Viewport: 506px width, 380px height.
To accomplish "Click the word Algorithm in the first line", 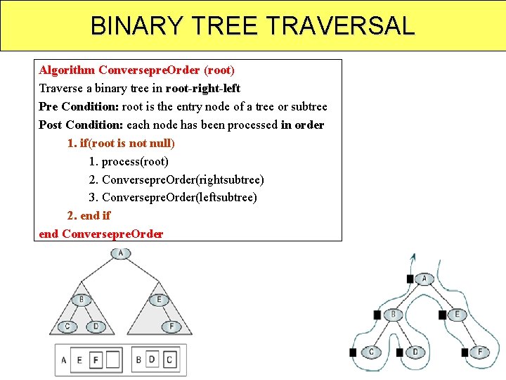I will pyautogui.click(x=67, y=70).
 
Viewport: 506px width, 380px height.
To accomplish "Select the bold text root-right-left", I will pyautogui.click(x=203, y=89).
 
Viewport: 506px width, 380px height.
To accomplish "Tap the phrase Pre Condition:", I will pyautogui.click(x=79, y=107).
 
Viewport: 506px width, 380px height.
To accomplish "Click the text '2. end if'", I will pyautogui.click(x=89, y=215).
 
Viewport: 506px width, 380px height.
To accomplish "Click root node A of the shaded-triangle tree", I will pyautogui.click(x=121, y=253).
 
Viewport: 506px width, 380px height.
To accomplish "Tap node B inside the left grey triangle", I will pyautogui.click(x=82, y=299).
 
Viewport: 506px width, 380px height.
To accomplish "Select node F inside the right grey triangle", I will pyautogui.click(x=171, y=327).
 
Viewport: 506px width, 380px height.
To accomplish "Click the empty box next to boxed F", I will pyautogui.click(x=112, y=360).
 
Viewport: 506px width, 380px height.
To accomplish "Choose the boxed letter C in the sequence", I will pyautogui.click(x=169, y=360).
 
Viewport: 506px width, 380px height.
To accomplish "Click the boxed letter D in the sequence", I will pyautogui.click(x=152, y=360).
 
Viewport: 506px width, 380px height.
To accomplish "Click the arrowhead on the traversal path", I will pyautogui.click(x=413, y=257).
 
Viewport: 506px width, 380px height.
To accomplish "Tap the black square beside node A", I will pyautogui.click(x=410, y=279).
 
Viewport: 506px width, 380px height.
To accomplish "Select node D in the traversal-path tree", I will pyautogui.click(x=415, y=351).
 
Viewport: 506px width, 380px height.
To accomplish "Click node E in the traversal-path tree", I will pyautogui.click(x=458, y=315).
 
